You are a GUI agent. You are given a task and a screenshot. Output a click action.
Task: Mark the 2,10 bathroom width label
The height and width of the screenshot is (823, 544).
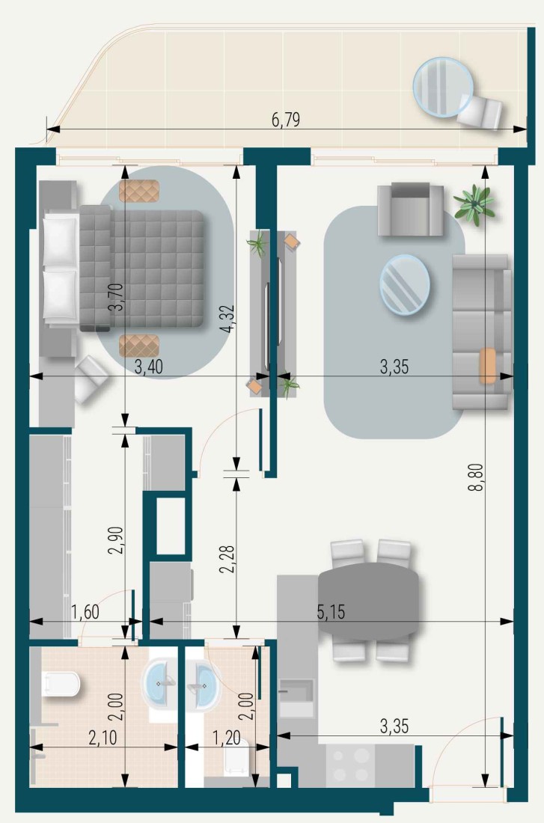[103, 739]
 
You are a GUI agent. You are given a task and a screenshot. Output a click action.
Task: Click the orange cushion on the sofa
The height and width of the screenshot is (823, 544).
[489, 367]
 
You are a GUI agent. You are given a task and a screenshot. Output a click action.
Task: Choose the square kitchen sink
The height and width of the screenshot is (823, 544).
[297, 698]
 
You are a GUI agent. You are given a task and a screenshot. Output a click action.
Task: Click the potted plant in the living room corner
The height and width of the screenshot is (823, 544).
[474, 202]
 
